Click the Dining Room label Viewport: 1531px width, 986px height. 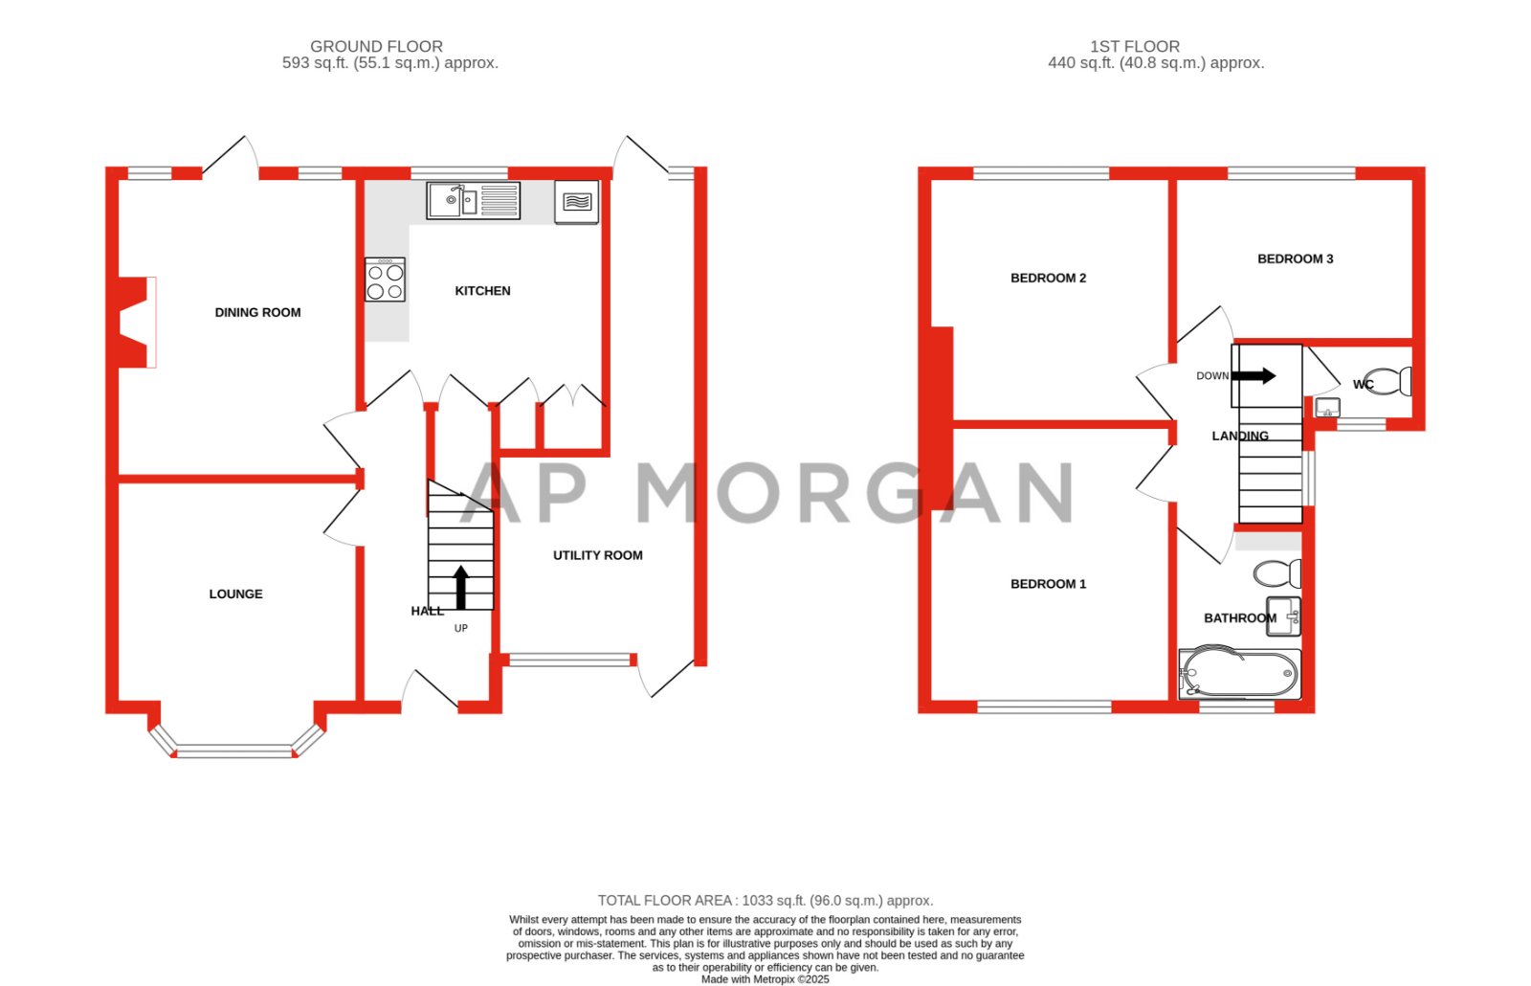[x=257, y=312]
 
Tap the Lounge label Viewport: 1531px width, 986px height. [x=235, y=594]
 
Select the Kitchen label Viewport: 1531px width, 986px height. [x=482, y=290]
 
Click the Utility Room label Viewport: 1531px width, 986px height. [x=597, y=555]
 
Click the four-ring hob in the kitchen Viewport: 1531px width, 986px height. [x=385, y=280]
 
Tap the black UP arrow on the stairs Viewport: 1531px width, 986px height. [x=460, y=587]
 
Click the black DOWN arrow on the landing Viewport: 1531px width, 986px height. [x=1254, y=375]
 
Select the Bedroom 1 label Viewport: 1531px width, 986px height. [x=1048, y=584]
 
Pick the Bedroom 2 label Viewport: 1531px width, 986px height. [x=1048, y=278]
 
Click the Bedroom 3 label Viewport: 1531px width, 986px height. [x=1295, y=258]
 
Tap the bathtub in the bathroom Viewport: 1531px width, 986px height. [x=1240, y=674]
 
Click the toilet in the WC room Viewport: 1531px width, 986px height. [x=1387, y=381]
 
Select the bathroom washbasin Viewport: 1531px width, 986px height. [x=1284, y=616]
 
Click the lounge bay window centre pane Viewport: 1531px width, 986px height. [x=234, y=751]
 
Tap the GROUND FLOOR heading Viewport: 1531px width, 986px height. [x=376, y=46]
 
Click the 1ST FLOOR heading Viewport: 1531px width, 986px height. [x=1134, y=46]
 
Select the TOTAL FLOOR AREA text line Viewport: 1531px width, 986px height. [x=765, y=900]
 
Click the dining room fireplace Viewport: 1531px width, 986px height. [x=135, y=323]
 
